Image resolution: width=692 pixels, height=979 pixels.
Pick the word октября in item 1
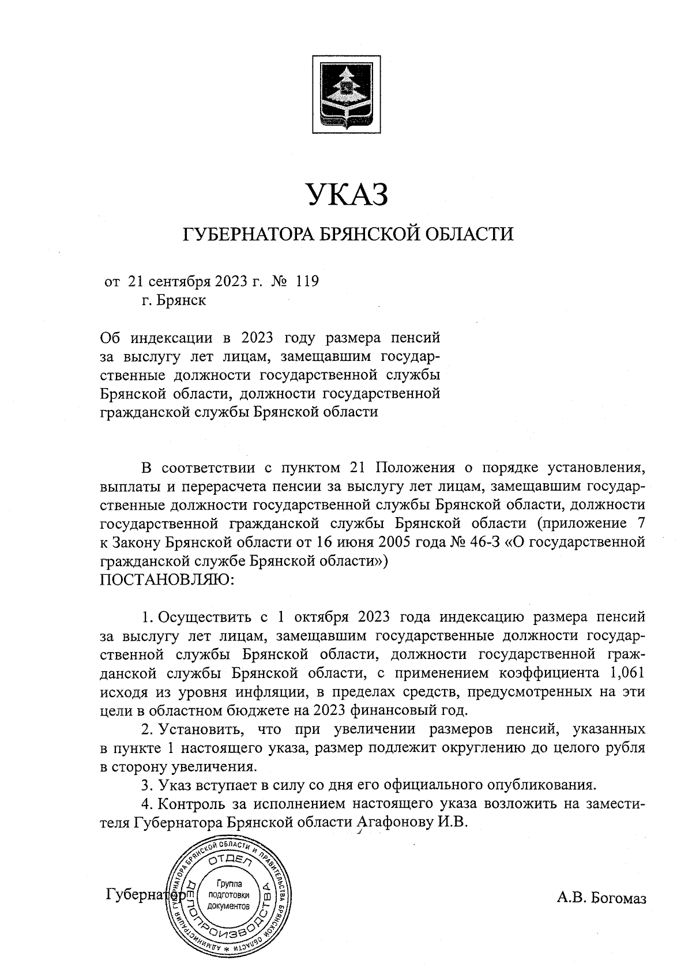tap(321, 617)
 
